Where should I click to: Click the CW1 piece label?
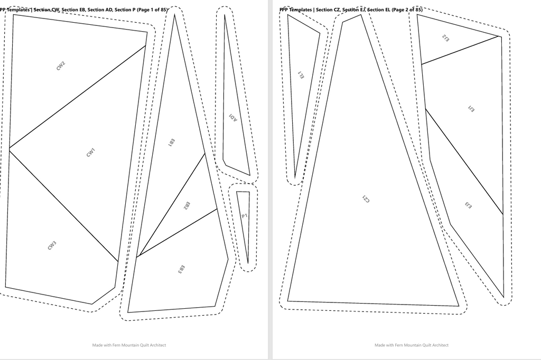tap(90, 153)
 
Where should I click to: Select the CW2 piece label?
tap(61, 66)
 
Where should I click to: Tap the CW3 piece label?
tap(52, 245)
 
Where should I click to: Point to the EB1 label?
tap(172, 143)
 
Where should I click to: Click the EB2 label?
tap(186, 206)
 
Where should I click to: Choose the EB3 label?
tap(182, 269)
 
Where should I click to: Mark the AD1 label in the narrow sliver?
tap(233, 118)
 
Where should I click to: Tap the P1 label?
tap(245, 216)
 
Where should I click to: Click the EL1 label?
tap(301, 75)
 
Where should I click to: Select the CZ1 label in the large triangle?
tap(366, 199)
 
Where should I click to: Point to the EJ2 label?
tap(445, 38)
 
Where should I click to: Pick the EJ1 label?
tap(471, 109)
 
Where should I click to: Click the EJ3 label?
tap(468, 205)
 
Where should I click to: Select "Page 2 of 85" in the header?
tap(407, 10)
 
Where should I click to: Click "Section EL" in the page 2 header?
tap(379, 10)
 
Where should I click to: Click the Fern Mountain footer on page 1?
tap(129, 345)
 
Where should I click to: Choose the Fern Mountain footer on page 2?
tap(412, 345)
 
